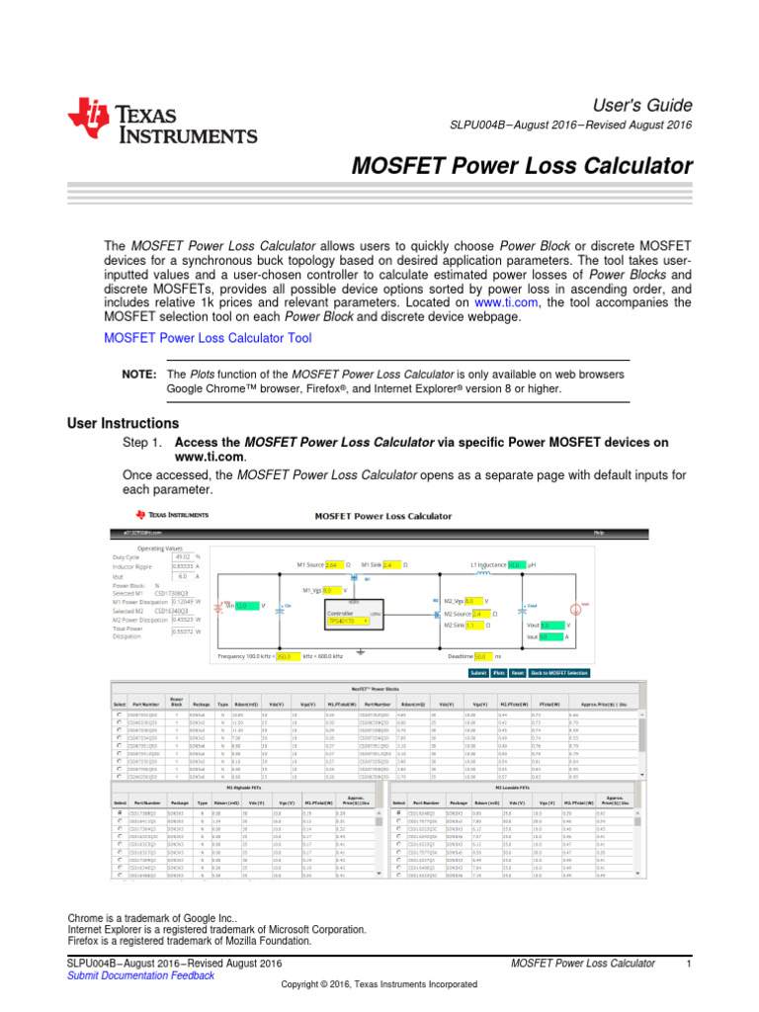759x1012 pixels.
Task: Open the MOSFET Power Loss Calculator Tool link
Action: [x=208, y=338]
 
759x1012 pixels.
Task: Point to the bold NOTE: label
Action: [x=138, y=375]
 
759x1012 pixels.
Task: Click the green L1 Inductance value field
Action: [x=515, y=565]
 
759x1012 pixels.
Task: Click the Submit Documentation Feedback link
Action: [x=139, y=975]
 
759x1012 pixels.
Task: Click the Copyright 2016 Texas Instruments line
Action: [x=379, y=985]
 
